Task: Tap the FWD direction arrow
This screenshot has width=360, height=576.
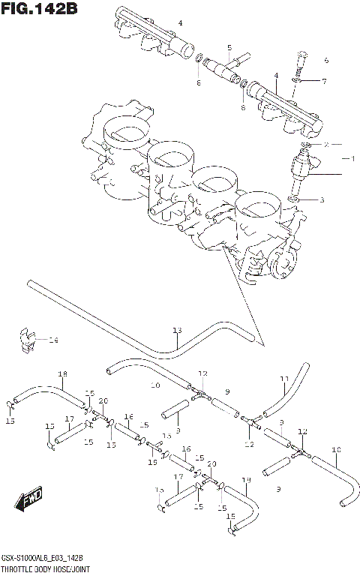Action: [31, 498]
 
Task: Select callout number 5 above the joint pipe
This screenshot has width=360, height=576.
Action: [229, 47]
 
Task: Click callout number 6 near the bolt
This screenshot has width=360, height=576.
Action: [325, 60]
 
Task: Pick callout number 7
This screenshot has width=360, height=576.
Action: [324, 81]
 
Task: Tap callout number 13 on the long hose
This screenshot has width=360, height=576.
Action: [177, 331]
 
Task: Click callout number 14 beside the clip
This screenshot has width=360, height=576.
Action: [52, 340]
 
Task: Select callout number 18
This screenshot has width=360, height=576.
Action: [63, 374]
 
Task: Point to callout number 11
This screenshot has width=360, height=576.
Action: [284, 378]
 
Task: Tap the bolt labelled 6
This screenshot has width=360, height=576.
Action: [301, 60]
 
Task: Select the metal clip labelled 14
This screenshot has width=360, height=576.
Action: [26, 338]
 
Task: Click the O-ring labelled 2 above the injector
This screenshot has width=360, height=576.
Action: [308, 143]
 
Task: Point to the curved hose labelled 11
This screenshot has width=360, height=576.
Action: [289, 390]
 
